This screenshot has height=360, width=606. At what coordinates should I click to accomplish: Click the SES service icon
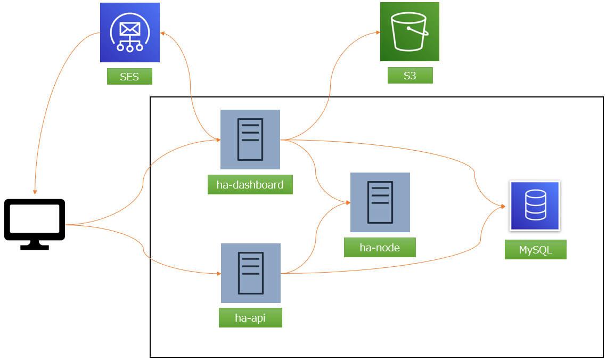coord(130,32)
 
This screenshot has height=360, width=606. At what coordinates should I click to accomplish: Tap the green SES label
coord(129,77)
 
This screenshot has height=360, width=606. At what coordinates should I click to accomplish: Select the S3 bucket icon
coord(410,31)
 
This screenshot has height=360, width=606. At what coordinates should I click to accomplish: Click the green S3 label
coord(410,76)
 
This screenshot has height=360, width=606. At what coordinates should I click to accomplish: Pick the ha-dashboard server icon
coord(250,140)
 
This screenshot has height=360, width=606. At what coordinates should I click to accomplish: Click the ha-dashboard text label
coord(250,185)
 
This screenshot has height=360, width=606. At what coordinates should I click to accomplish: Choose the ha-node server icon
coord(380,202)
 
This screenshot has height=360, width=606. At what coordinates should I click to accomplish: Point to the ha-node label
coord(380,248)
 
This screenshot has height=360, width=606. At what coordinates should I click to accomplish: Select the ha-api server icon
coord(250,273)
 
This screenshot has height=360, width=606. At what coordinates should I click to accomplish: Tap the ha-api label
coord(250,318)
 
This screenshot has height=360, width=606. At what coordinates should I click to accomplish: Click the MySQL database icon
coord(535,206)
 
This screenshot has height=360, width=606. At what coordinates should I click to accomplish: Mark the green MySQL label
coord(535,249)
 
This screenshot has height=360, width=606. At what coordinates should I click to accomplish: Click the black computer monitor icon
coord(35,224)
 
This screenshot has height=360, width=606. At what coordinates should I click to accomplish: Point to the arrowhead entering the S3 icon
coord(377,32)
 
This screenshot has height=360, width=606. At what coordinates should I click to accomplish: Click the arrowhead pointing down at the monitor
coord(35,192)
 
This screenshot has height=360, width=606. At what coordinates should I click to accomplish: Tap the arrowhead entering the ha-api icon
coord(218,274)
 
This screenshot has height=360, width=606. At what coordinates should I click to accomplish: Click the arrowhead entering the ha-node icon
coord(347,203)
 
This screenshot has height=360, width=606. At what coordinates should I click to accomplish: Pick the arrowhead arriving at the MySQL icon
coord(503,206)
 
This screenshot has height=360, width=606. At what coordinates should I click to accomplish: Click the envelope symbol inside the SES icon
coord(130,28)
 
